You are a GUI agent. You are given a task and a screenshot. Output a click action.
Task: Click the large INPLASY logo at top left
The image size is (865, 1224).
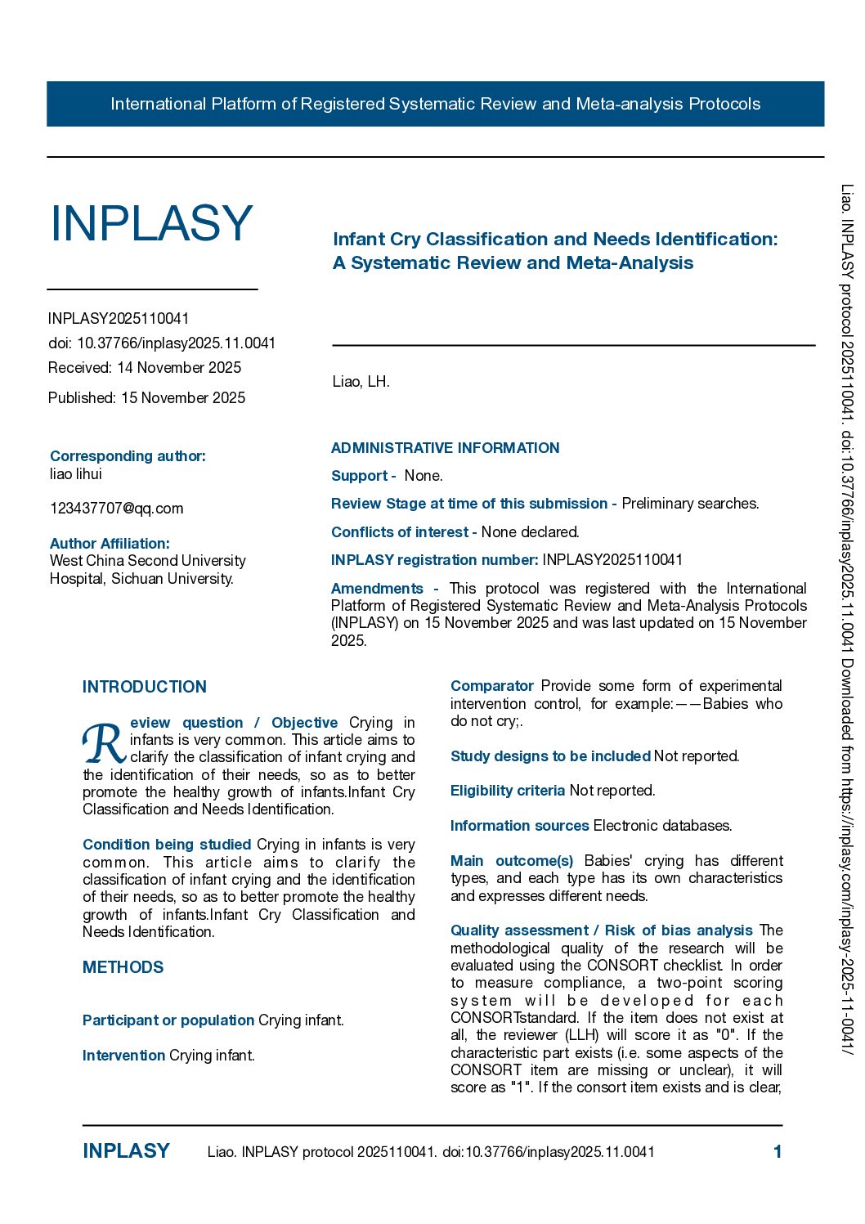[x=151, y=223]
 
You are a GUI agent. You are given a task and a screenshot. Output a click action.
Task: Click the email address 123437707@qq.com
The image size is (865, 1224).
[x=116, y=509]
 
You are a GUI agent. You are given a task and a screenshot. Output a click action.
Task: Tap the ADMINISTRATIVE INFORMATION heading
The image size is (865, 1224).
[x=445, y=448]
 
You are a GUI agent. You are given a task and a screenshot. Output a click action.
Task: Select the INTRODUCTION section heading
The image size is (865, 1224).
[x=145, y=687]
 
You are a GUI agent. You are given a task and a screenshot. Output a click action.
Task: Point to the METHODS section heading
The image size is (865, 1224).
[x=123, y=967]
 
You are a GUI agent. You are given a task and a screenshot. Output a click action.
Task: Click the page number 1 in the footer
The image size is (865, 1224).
[x=778, y=1152]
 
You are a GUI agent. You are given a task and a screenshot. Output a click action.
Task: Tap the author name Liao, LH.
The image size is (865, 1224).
[x=361, y=382]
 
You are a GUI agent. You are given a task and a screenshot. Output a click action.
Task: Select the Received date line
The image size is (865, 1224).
[x=145, y=368]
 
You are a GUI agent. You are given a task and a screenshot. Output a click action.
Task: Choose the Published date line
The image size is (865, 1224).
[x=146, y=398]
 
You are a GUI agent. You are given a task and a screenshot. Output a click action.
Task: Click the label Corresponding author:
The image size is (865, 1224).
[x=128, y=456]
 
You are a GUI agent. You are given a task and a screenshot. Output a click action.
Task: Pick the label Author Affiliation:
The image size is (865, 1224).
[x=110, y=544]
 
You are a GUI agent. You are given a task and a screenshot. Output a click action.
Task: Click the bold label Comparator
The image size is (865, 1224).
[x=492, y=686]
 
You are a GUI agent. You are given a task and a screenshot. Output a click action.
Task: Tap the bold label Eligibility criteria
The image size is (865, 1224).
[x=508, y=791]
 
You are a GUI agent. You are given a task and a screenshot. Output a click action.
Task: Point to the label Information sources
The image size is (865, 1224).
[x=519, y=826]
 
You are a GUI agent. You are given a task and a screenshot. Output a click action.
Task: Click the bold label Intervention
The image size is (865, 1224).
[x=123, y=1056]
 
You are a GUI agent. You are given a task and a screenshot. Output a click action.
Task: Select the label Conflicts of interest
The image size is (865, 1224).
[x=400, y=532]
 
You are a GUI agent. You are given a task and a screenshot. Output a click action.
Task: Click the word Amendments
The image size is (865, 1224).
[x=377, y=589]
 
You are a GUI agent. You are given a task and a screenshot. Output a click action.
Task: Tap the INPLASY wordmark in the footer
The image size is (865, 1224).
[x=126, y=1151]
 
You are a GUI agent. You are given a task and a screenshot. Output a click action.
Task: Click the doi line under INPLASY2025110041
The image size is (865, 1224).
[x=162, y=343]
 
